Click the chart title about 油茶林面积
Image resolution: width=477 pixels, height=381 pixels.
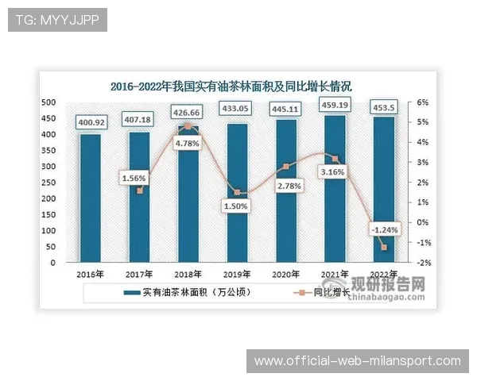point(231,86)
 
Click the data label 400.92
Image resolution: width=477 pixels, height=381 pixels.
point(91,122)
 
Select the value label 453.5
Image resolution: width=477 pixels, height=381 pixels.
point(382,106)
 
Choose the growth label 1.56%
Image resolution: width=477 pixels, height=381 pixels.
point(136,178)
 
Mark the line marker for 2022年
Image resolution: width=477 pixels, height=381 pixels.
point(384,247)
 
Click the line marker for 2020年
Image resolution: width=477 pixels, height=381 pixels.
point(286,167)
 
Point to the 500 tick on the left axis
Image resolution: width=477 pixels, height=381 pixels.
point(48,102)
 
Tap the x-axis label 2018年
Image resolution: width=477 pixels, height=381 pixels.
point(188,275)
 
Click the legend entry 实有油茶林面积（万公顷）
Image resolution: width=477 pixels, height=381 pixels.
point(188,292)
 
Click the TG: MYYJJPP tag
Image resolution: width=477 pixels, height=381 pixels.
point(57,20)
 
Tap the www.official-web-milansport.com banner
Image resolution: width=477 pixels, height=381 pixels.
point(357,361)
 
